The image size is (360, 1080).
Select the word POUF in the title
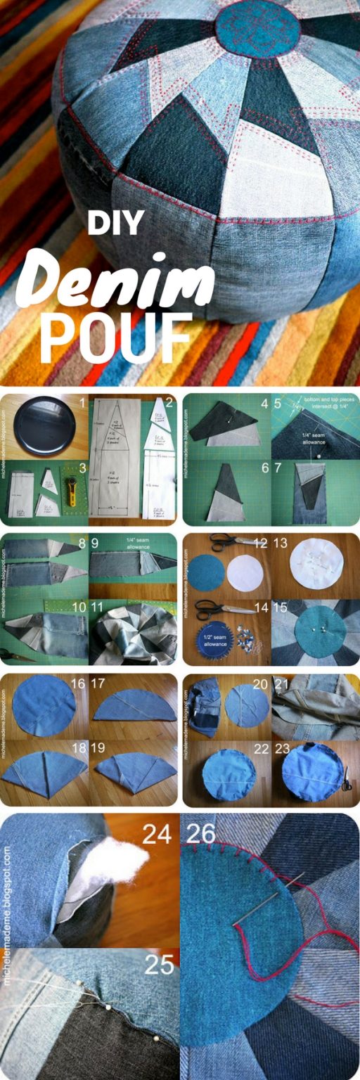point(116,337)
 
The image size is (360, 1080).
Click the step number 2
point(169,404)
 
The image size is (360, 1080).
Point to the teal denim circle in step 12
point(207,572)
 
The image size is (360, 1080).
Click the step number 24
point(156,835)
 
